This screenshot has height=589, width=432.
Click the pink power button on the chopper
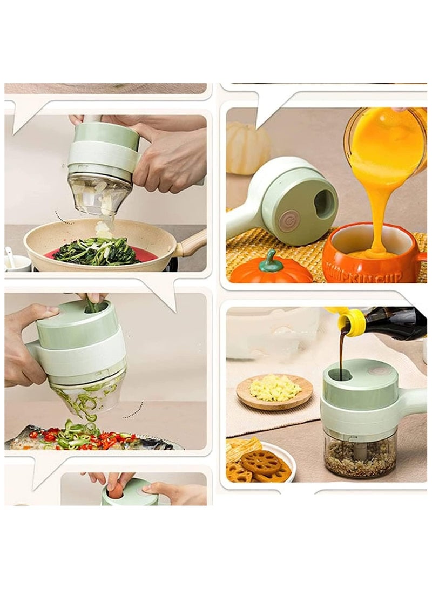[288, 220]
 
